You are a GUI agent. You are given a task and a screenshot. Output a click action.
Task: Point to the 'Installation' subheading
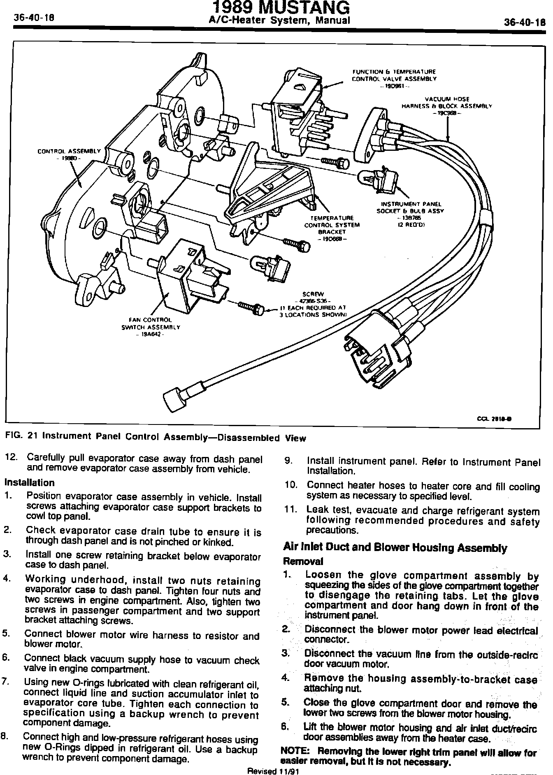click(29, 482)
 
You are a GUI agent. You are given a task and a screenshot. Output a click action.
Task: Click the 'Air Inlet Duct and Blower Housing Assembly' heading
click(395, 548)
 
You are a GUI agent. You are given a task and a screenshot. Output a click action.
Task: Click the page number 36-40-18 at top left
click(35, 19)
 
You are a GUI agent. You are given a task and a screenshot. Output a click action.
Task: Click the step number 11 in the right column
click(291, 510)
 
